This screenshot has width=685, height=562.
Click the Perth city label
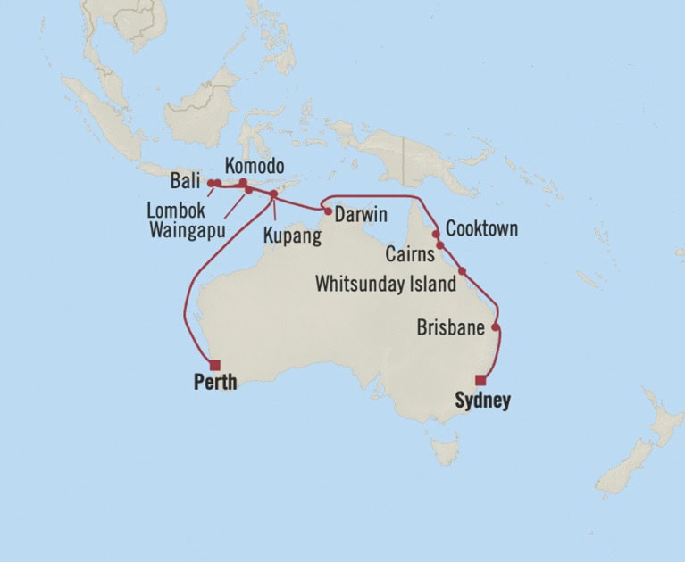(x=215, y=383)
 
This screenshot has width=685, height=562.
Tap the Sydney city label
(x=482, y=401)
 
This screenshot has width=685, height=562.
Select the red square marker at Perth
(x=214, y=364)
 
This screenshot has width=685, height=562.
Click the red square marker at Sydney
(x=480, y=379)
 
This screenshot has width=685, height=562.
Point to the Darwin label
(x=361, y=215)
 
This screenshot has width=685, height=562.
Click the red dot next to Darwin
(x=328, y=212)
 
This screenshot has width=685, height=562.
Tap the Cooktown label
(x=481, y=229)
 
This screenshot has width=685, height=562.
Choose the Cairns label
(x=410, y=254)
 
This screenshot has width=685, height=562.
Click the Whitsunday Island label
(x=386, y=284)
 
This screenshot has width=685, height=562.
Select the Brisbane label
(x=450, y=327)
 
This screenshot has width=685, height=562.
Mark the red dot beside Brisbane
(x=495, y=327)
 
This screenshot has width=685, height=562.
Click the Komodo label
(x=255, y=167)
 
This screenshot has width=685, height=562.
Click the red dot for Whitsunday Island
(x=462, y=271)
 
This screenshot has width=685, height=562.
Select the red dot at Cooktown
(x=436, y=234)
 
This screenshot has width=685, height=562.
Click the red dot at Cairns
(x=439, y=244)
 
